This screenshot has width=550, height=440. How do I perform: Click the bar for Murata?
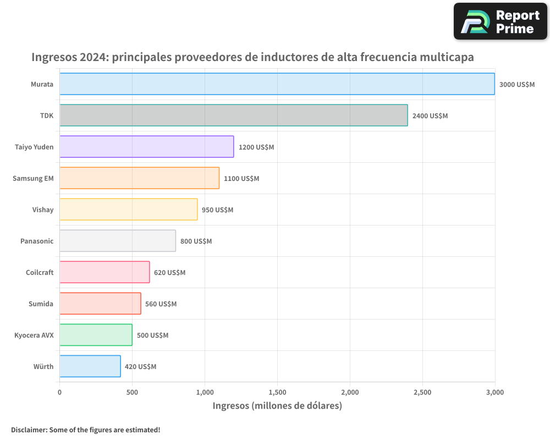[x=277, y=84]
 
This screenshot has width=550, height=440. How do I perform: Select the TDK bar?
[x=234, y=116]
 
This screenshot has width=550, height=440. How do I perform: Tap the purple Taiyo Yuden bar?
[x=147, y=147]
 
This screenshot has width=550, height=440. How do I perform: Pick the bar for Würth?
[x=90, y=366]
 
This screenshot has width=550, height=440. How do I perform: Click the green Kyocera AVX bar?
[x=96, y=335]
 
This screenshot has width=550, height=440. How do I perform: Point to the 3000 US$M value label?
[x=516, y=85]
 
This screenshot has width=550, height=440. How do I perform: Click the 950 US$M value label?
[x=217, y=210]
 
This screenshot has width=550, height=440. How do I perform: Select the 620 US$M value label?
[x=169, y=273]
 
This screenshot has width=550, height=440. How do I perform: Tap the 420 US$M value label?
[x=140, y=367]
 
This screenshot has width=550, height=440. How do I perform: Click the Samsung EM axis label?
[x=33, y=178]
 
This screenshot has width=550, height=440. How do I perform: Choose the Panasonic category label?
[x=37, y=241]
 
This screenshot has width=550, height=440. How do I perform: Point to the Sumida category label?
[x=41, y=304]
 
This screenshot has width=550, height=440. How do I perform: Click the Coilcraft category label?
[x=40, y=272]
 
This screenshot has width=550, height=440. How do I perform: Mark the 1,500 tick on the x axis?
[x=277, y=392]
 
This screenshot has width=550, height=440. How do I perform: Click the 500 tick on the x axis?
[x=132, y=392]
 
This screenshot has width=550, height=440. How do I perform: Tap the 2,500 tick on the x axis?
[x=422, y=392]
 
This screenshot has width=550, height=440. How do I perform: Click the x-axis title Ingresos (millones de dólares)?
[x=277, y=406]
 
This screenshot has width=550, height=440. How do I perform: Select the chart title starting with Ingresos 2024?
[x=252, y=57]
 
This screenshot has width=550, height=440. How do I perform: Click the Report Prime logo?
[x=500, y=21]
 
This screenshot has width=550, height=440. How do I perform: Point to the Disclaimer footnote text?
[x=85, y=430]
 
